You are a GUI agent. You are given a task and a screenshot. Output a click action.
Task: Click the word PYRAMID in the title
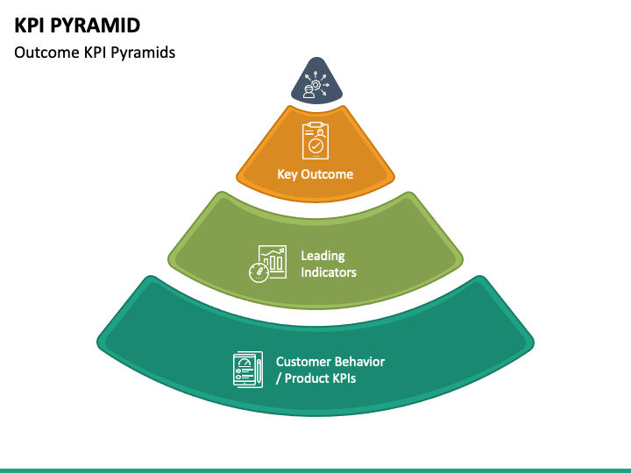pos(96,25)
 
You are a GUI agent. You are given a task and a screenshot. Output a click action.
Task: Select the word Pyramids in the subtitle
pos(143,53)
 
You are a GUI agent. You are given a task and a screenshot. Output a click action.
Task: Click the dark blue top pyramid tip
pos(316,81)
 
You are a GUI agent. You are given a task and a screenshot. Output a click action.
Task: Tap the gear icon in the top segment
pos(315,84)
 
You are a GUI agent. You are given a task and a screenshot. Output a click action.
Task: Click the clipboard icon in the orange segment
pos(315,140)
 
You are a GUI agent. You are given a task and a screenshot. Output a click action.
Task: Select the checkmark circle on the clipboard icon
pos(315,145)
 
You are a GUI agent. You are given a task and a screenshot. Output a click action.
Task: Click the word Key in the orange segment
pos(287,174)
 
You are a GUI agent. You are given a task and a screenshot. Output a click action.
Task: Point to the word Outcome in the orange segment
pos(327,174)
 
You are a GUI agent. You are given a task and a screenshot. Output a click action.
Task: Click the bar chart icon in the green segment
pos(273,261)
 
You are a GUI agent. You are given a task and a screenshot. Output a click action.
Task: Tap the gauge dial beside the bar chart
pos(259,272)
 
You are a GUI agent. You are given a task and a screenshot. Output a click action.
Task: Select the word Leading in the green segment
pos(323,256)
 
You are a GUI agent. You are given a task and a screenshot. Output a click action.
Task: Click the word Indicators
pos(329,272)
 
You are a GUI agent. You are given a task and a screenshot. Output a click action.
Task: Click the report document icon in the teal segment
pos(245,370)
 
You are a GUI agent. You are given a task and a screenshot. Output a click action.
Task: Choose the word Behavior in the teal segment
pos(360,362)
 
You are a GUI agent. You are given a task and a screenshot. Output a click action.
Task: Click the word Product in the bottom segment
pos(306,378)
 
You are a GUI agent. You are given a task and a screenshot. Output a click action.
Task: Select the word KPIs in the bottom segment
pos(344,378)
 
